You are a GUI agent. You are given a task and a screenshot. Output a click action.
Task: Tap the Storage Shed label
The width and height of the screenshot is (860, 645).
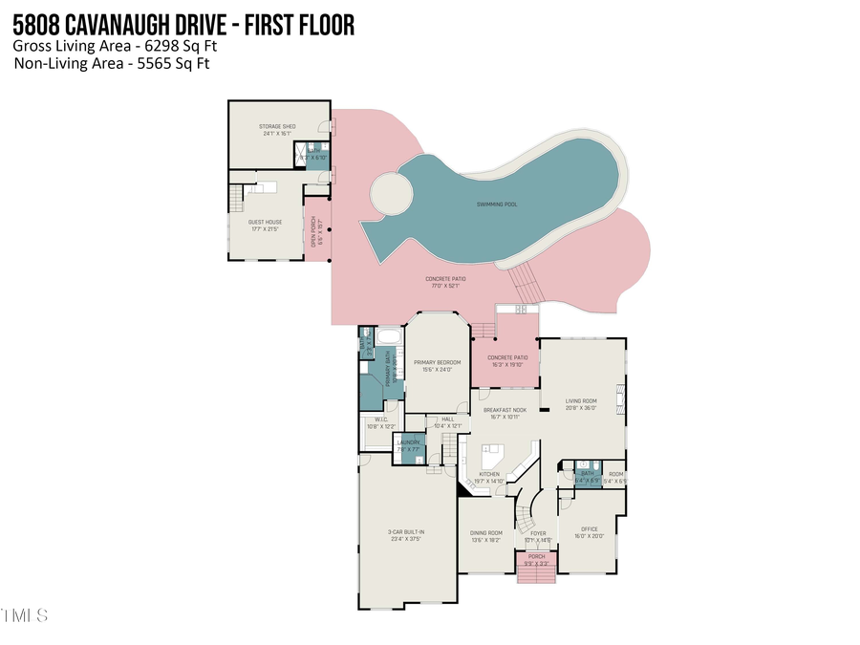tap(277, 130)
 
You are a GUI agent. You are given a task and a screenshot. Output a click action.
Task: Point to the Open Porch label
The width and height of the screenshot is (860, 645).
tap(315, 229)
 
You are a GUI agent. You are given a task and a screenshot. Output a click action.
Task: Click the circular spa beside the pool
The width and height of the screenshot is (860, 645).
tap(390, 194)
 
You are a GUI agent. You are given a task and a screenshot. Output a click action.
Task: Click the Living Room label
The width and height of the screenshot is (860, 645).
tap(581, 404)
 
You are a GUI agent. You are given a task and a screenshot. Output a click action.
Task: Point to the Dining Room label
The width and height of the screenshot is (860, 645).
tap(486, 536)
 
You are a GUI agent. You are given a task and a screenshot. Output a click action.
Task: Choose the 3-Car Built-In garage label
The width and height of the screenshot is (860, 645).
tap(406, 536)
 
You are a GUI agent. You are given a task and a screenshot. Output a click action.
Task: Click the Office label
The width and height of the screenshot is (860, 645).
tap(590, 532)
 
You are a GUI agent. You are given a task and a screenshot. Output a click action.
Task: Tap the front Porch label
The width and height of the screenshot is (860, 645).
tap(537, 559)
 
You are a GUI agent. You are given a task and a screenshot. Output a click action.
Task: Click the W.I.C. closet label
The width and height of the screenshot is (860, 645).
tap(380, 422)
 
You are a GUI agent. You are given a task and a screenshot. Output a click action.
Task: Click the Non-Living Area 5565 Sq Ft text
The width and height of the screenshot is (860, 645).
tap(112, 64)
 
